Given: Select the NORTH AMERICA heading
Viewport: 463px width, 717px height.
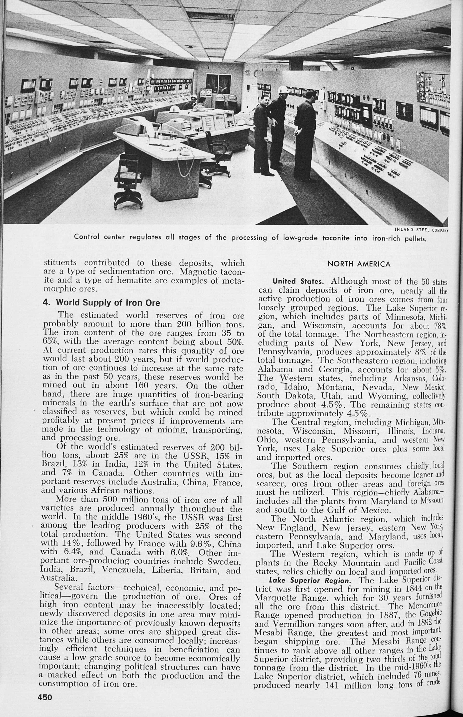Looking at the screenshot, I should pos(359,264).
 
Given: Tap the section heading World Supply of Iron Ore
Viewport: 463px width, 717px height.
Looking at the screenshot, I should pos(101,303).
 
